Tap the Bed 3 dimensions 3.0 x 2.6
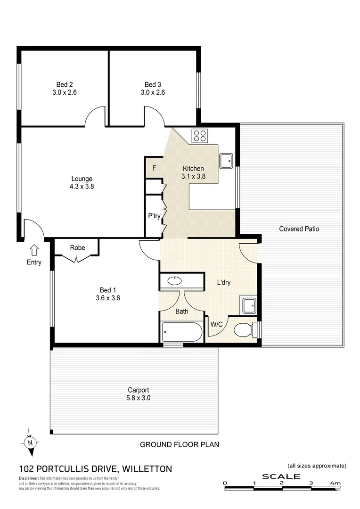click(x=153, y=93)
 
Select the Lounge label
click(x=82, y=179)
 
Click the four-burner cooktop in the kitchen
click(x=200, y=136)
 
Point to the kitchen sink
click(x=227, y=160)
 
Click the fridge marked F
click(x=154, y=168)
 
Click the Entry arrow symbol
click(x=34, y=249)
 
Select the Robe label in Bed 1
click(x=77, y=247)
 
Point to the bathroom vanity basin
click(x=174, y=281)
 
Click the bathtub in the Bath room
click(x=182, y=332)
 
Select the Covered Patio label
click(x=299, y=229)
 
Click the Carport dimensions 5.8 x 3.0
click(x=139, y=398)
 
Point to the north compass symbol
click(x=30, y=443)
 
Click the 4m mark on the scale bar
click(x=335, y=483)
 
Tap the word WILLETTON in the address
click(x=147, y=469)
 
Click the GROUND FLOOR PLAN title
click(x=180, y=444)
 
